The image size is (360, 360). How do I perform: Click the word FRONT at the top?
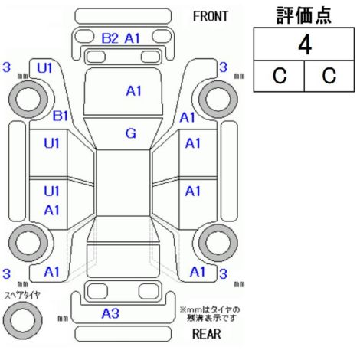210,17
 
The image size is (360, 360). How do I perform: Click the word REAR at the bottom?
207,334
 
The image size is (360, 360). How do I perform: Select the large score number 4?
305,45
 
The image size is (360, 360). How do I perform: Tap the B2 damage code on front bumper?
110,38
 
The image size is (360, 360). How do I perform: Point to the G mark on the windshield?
131,133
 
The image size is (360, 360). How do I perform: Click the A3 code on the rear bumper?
110,313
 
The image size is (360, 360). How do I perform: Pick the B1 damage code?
61,116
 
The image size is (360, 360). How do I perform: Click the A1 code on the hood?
133,91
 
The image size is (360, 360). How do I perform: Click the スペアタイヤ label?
22,296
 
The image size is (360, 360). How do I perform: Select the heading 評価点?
304,15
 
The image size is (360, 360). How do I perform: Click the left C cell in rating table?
280,76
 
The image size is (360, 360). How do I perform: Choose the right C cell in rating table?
329,76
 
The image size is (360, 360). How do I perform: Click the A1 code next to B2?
133,38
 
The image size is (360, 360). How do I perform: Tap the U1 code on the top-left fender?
44,68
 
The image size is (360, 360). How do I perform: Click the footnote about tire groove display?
210,314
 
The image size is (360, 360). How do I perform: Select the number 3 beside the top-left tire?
7,67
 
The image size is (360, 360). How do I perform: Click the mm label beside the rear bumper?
63,319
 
